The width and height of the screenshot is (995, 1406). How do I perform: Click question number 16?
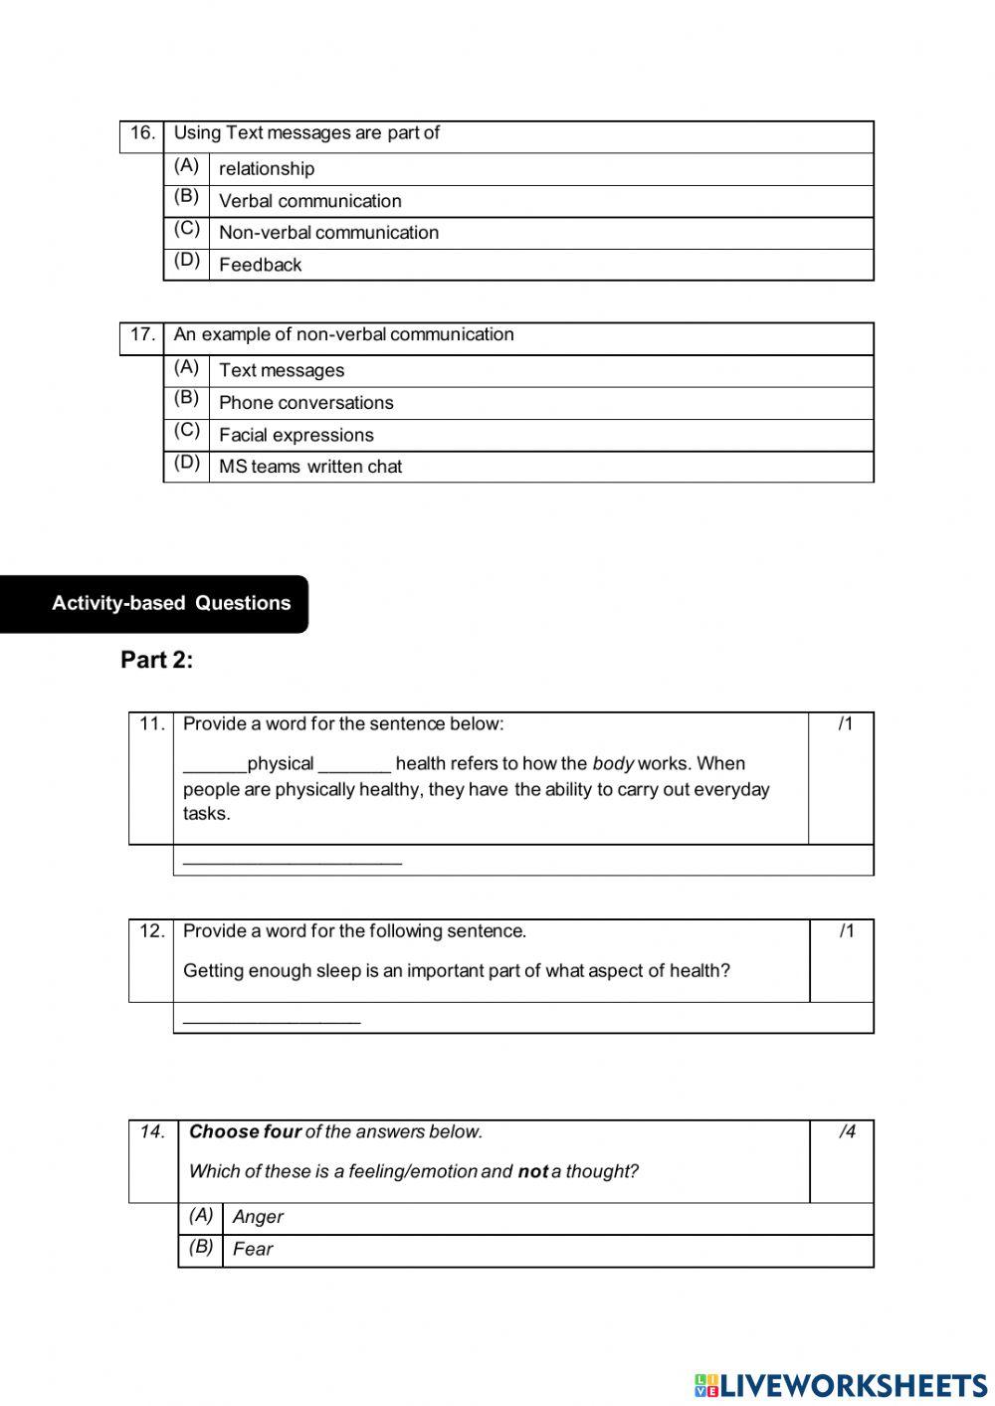pos(142,133)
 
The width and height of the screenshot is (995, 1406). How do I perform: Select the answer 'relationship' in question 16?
pos(267,169)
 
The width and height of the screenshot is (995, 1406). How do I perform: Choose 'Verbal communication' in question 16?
pos(309,201)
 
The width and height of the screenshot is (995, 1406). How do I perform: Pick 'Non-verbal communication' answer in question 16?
pos(328,233)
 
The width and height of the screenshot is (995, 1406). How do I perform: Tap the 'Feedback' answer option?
pos(260,265)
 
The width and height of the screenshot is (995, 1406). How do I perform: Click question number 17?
pos(142,335)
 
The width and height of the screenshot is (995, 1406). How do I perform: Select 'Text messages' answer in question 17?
pos(282,370)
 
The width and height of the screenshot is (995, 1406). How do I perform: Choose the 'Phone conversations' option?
pos(305,403)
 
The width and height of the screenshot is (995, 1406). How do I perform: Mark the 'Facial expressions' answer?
pos(296,435)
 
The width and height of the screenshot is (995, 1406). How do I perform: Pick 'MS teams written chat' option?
pos(310,467)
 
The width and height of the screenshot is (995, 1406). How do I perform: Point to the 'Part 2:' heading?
pos(156,660)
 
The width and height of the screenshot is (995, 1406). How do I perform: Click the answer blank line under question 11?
pos(293,861)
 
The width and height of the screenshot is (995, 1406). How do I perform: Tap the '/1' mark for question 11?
pos(845,724)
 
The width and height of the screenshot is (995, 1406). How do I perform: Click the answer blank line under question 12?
pos(272,1019)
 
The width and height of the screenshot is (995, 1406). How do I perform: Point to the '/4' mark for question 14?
pos(846,1131)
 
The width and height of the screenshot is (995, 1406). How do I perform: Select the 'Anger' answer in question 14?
pos(258,1217)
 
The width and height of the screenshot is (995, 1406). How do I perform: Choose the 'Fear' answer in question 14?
pos(253,1250)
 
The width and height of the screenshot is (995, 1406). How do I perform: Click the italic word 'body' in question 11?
pos(613,764)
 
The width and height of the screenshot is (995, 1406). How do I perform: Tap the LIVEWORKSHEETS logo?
pos(841,1385)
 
